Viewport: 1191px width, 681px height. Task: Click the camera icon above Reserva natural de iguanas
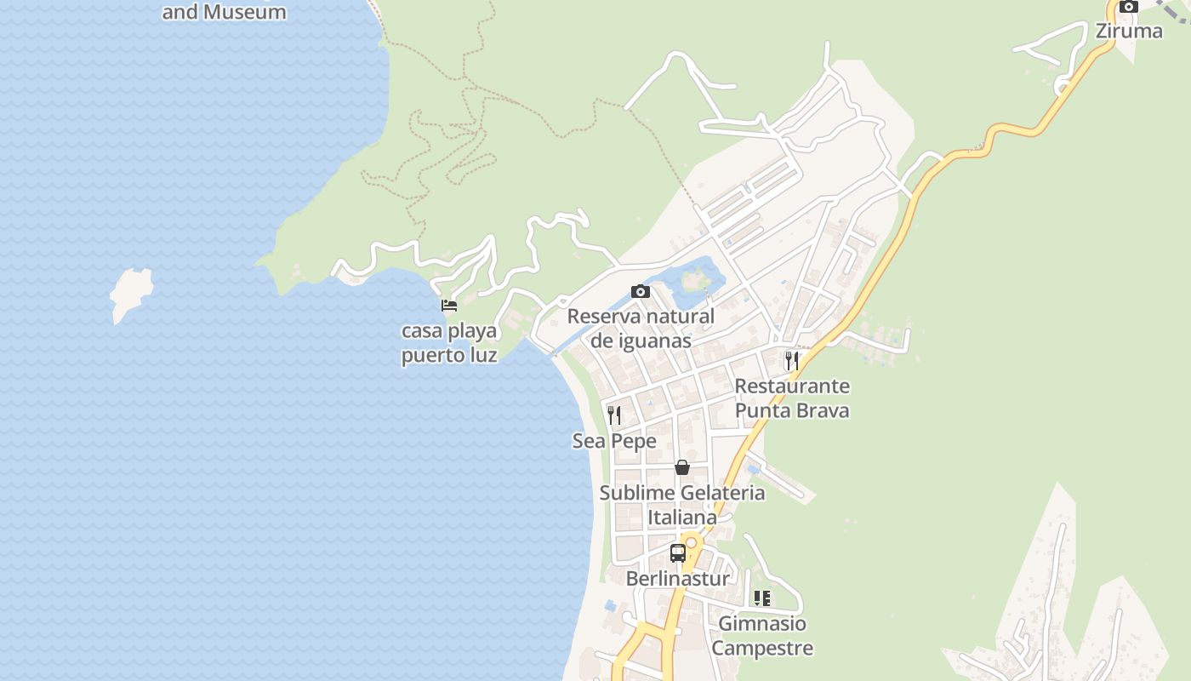point(641,292)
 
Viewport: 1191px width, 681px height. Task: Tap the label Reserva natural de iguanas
point(641,329)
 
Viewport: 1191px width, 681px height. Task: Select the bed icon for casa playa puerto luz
point(449,306)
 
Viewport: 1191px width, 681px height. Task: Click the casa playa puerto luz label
point(449,343)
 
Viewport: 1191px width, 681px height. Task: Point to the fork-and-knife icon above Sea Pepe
point(614,415)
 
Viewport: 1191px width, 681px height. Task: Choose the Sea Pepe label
point(614,441)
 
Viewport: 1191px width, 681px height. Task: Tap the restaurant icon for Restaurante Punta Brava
point(791,360)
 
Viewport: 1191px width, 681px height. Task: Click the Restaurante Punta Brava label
point(792,398)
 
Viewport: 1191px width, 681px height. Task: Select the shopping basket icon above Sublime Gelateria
point(681,467)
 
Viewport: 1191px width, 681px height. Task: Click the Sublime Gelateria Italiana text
point(682,505)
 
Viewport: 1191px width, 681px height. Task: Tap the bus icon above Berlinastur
point(677,553)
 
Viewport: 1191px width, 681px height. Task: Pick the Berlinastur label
point(677,579)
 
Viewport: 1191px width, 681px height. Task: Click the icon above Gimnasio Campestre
point(762,598)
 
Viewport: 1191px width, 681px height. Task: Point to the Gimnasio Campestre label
point(762,636)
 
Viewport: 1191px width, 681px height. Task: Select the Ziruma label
point(1128,31)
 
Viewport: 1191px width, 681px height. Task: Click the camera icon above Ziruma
point(1129,7)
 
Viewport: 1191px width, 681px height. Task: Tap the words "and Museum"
point(224,12)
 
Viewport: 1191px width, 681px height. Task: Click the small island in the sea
point(131,293)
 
